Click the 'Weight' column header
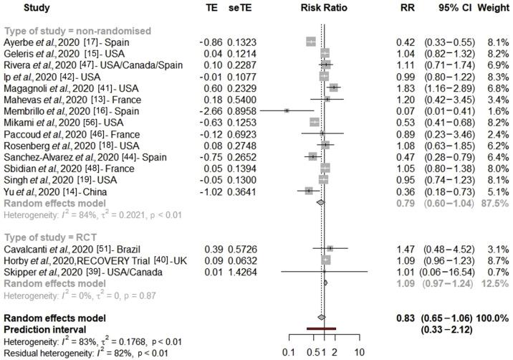tap(494, 9)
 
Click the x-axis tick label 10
tap(359, 352)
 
